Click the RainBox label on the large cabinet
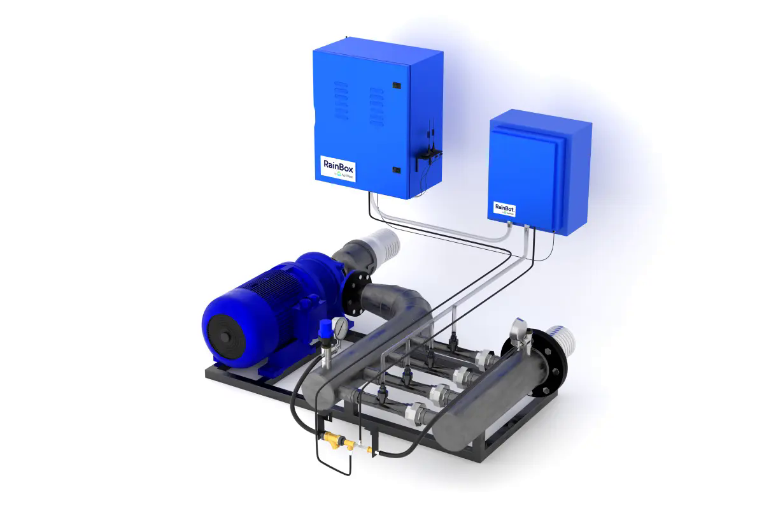click(338, 168)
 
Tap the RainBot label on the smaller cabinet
click(504, 208)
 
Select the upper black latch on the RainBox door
click(395, 85)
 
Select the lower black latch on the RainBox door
click(395, 170)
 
